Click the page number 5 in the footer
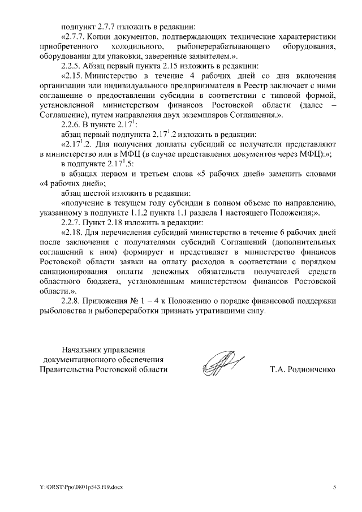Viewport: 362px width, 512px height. click(x=334, y=487)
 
